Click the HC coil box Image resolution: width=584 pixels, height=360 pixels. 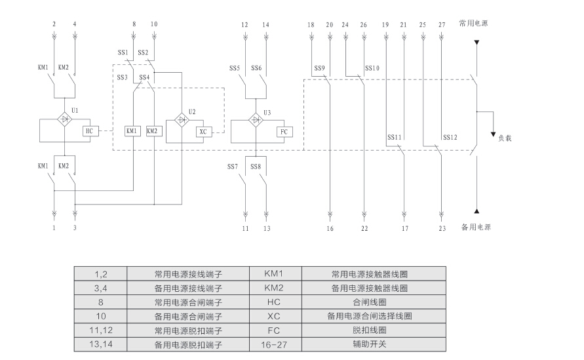pos(90,131)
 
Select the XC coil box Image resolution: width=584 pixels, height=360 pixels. pos(203,131)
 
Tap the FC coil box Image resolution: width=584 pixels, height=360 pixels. pos(284,131)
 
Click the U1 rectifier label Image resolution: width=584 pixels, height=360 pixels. pos(75,111)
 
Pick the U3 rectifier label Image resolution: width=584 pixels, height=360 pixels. pos(267,112)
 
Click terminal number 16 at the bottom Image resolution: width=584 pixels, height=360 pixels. pos(330,229)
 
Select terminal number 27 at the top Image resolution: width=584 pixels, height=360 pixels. pos(442,24)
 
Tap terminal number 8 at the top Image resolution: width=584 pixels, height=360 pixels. pos(134,24)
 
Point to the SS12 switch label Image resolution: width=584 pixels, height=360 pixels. pos(450,138)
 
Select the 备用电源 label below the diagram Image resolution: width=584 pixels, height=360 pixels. pos(477,228)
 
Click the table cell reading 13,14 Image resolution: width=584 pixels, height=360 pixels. pos(100,345)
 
